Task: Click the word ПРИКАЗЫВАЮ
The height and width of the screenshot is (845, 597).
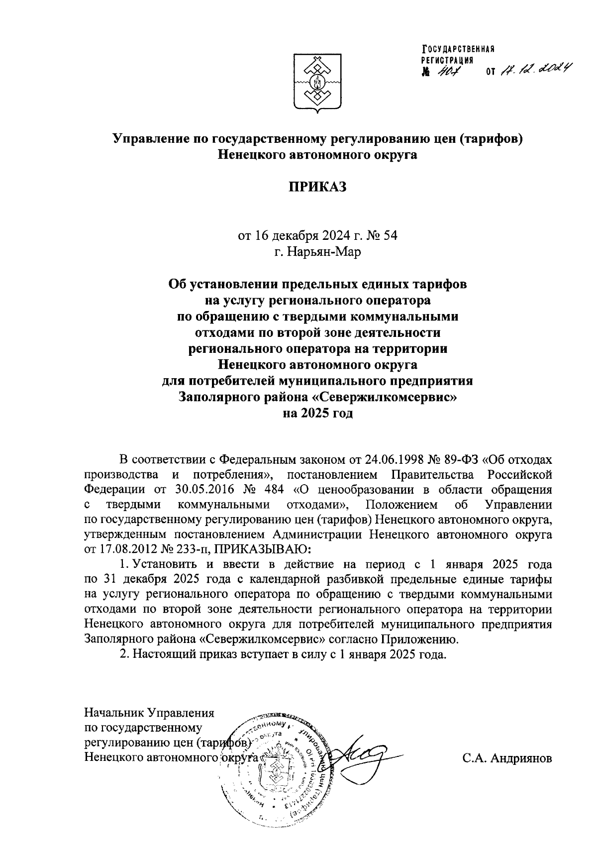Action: point(263,550)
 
